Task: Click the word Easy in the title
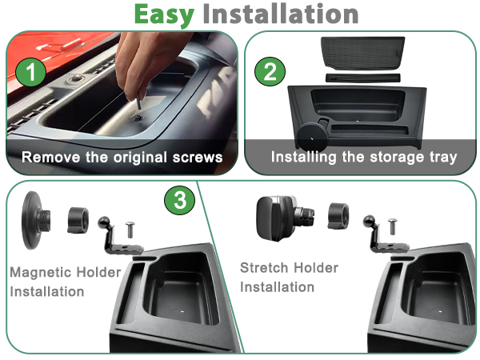point(164,14)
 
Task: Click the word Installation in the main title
point(281,14)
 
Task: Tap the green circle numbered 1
point(30,72)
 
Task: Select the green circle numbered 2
point(270,72)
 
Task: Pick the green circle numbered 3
point(180,200)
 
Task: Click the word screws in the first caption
point(198,158)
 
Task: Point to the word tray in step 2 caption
point(443,158)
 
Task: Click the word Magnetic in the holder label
point(42,272)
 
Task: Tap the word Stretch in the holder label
point(262,268)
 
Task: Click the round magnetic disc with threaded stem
point(35,220)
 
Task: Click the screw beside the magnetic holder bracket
point(130,230)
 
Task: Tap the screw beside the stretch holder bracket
point(392,226)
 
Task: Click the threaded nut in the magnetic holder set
point(78,220)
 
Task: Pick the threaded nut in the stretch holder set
point(338,216)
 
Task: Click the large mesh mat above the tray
point(363,53)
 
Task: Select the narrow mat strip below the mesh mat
point(363,78)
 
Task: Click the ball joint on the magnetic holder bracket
point(104,222)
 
